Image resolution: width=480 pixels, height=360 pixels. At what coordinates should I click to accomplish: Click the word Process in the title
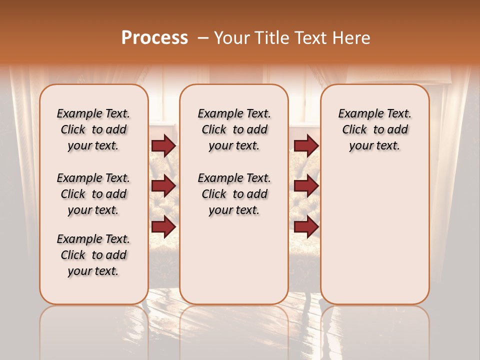coord(154,38)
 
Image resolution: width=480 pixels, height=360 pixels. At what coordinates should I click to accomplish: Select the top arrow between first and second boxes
coord(163,145)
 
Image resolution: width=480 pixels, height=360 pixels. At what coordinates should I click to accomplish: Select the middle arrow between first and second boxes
coord(163,186)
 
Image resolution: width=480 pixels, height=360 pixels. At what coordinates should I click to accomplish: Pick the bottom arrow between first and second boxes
coord(163,227)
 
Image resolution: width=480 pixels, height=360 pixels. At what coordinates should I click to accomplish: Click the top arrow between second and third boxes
coord(306,145)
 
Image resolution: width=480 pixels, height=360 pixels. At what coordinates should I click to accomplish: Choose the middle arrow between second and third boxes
coord(306,186)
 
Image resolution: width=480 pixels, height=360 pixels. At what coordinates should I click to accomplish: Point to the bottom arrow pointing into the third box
coord(306,227)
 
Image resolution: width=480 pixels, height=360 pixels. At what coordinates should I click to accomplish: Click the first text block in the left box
coord(93,129)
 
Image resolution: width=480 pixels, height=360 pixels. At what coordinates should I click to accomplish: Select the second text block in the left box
coord(93,194)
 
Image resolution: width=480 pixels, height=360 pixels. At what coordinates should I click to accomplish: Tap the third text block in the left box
coord(93,255)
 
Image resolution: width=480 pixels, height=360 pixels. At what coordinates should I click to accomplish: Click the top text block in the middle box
coord(234,129)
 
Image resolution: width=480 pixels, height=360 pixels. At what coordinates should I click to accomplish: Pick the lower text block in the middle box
coord(234,194)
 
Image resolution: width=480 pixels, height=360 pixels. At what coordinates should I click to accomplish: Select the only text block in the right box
coord(374,129)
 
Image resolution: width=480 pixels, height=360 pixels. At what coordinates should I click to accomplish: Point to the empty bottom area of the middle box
coord(234,260)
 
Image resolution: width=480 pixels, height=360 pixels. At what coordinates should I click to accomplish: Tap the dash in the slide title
coord(203,38)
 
